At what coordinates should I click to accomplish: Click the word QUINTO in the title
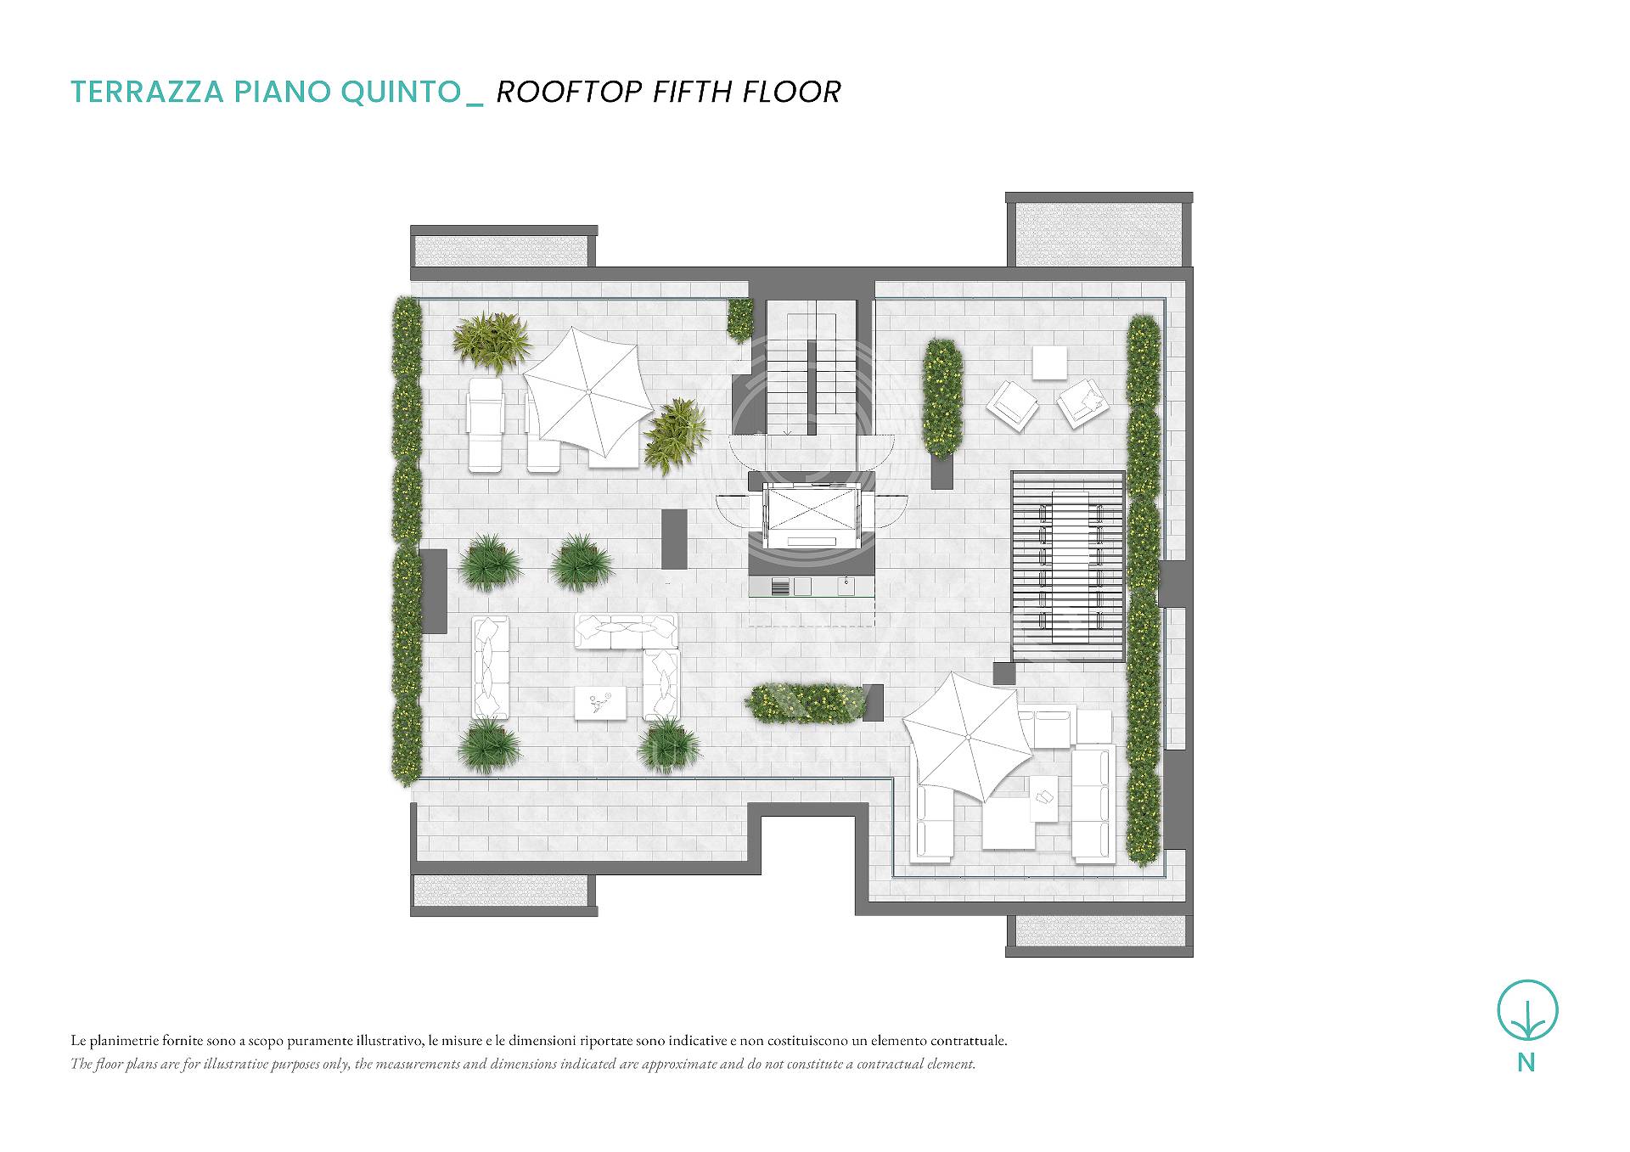pos(401,92)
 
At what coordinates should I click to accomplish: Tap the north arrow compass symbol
pos(1527,1010)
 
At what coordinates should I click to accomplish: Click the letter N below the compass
pos(1526,1062)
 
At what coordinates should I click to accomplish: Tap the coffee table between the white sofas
pos(601,703)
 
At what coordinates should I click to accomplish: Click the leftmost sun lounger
pos(486,424)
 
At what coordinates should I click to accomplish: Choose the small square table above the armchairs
pos(1049,363)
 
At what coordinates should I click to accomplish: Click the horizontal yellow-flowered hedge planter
pos(803,704)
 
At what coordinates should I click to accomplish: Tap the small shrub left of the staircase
pos(740,319)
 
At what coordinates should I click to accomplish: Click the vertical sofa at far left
pos(490,668)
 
